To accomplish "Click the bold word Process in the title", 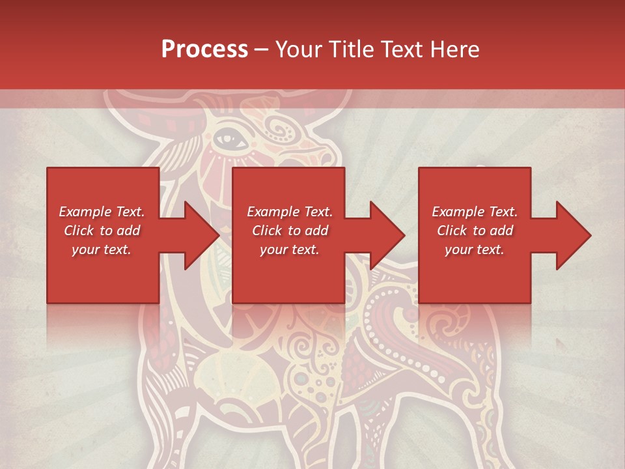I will (204, 50).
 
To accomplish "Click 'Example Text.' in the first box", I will (102, 212).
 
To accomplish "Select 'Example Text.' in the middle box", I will (290, 212).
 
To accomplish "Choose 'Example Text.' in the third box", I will (475, 212).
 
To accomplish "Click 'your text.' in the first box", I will (102, 249).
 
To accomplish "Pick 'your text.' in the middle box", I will (290, 249).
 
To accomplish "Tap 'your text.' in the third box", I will (475, 249).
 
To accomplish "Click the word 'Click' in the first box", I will (79, 231).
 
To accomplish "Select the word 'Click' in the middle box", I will (268, 231).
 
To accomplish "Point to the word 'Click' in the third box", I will (452, 231).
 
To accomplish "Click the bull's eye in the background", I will (227, 137).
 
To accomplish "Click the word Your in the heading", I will (298, 50).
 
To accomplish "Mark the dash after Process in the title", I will (262, 50).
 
